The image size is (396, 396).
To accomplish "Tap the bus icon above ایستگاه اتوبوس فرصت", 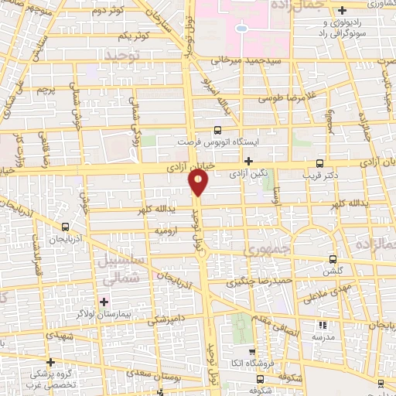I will [217, 130].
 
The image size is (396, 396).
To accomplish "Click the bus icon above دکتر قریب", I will [320, 162].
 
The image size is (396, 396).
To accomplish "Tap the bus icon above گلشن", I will [333, 259].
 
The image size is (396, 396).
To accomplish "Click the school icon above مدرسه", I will [323, 326].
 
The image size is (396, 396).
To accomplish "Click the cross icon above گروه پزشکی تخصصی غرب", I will [50, 362].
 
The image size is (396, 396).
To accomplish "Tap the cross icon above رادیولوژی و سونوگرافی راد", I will [341, 10].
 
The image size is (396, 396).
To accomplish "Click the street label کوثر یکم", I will [133, 36].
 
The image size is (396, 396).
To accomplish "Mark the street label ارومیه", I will [168, 230].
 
